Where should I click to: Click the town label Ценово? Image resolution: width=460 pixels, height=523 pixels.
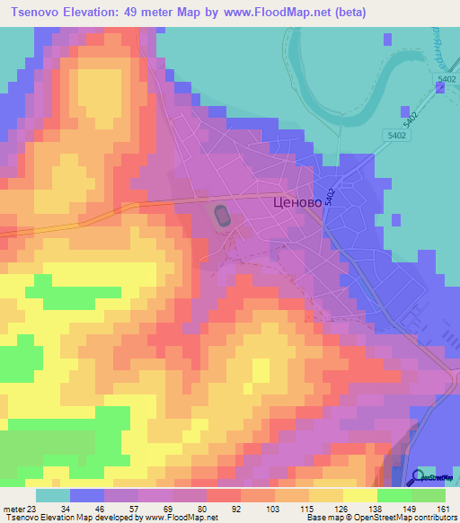(296, 203)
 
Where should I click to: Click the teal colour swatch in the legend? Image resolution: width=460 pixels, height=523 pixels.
(52, 494)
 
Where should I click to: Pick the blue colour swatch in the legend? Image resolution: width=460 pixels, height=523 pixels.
(87, 494)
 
